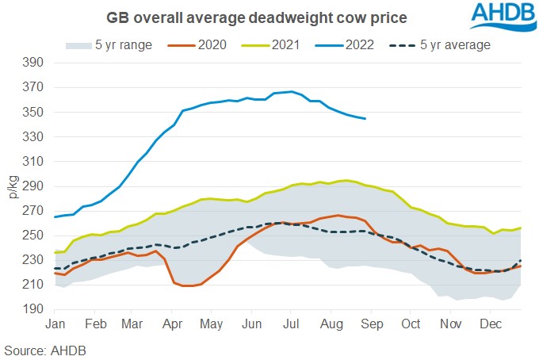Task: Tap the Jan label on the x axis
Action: coord(55,324)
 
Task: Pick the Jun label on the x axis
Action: coord(250,324)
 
